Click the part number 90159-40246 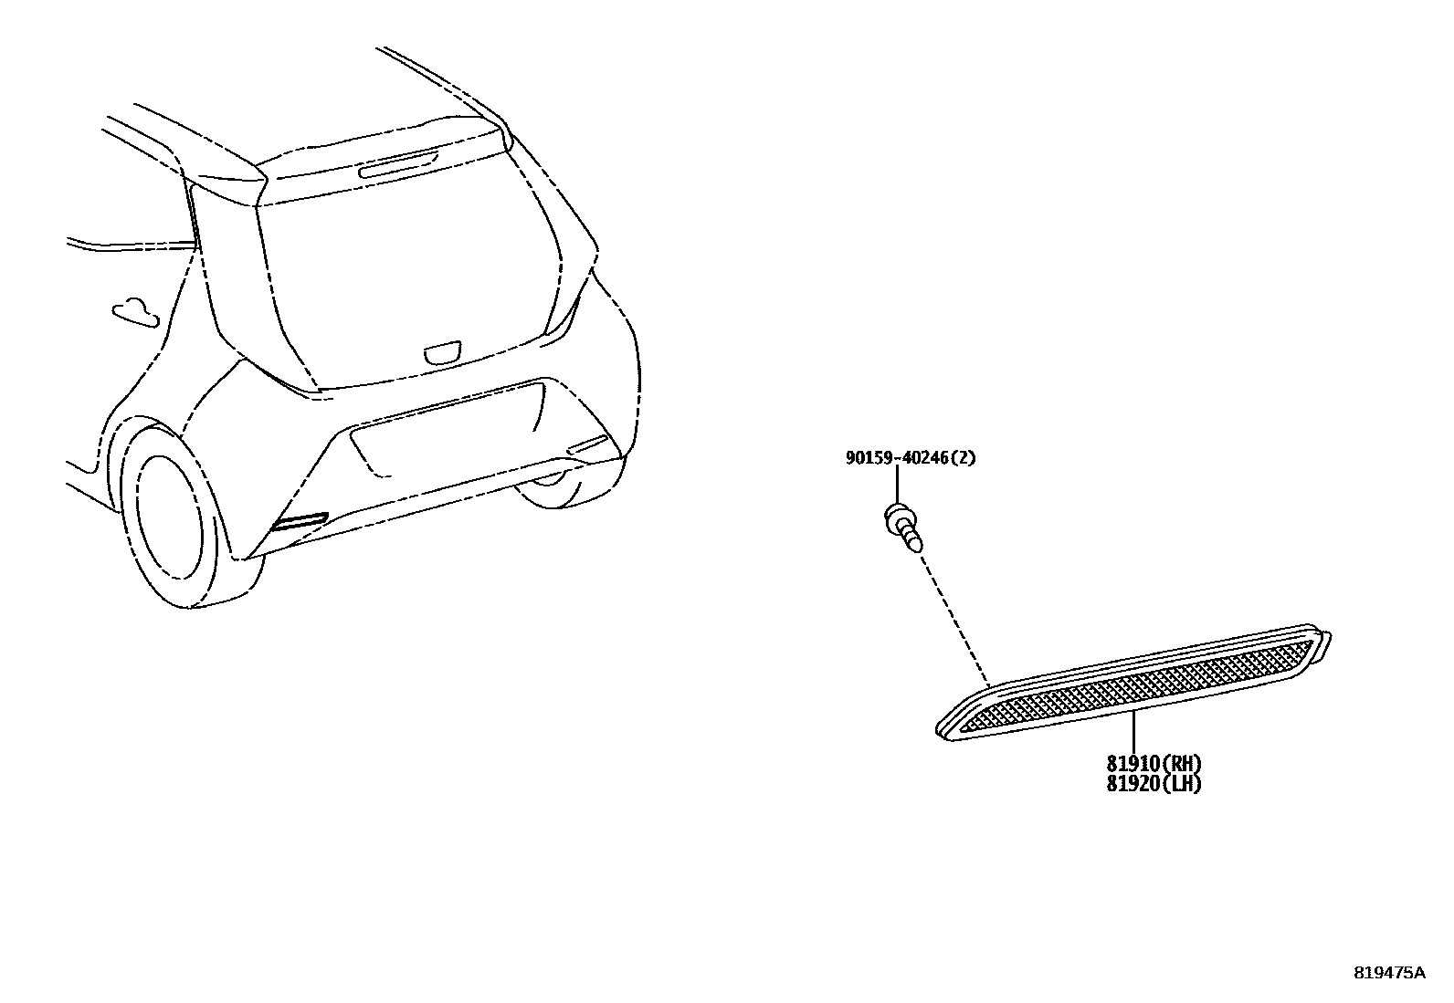point(897,458)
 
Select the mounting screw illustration point(901,528)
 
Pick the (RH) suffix point(1180,764)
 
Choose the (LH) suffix point(1180,784)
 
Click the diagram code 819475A point(1388,973)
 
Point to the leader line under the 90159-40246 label point(897,484)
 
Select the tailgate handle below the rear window point(443,353)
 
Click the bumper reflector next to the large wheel point(299,523)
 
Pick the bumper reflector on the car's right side point(589,445)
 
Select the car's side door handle point(134,310)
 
